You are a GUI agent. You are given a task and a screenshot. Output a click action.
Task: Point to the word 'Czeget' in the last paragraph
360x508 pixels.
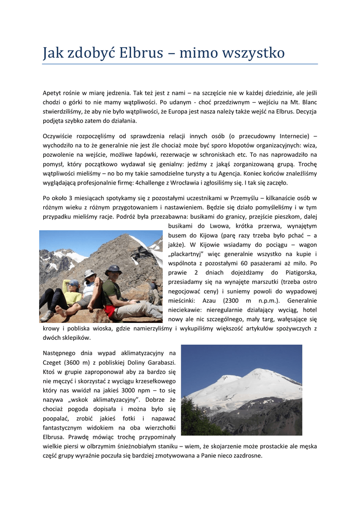tap(53, 362)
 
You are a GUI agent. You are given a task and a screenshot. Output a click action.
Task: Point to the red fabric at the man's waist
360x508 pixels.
tap(110, 311)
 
